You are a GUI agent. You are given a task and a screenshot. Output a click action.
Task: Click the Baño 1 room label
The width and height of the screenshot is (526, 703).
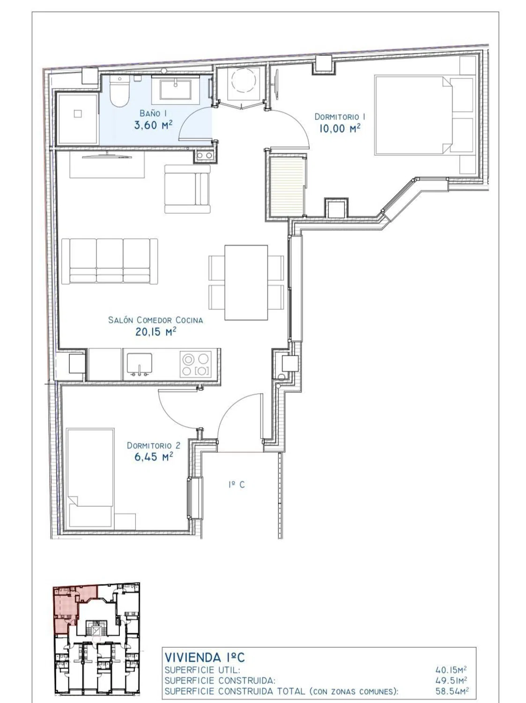[153, 113]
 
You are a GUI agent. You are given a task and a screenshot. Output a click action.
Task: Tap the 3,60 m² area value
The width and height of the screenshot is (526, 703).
[153, 125]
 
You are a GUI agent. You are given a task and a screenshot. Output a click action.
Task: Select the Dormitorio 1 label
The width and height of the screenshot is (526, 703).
[340, 117]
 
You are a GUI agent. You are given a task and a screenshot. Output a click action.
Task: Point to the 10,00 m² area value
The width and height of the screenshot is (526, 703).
[340, 128]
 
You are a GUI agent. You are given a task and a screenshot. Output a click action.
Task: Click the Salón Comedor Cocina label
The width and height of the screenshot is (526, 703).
[156, 320]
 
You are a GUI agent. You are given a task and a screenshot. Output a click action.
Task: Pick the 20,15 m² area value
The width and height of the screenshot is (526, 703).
[156, 331]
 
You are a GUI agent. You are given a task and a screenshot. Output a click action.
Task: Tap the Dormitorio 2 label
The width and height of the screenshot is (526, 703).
[154, 446]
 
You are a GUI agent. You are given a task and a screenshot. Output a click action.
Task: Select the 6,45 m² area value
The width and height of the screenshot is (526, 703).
[154, 456]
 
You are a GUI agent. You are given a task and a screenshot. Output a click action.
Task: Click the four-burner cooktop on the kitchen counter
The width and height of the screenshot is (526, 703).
[196, 365]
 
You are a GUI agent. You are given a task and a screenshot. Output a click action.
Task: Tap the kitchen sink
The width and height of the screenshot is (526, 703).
[140, 364]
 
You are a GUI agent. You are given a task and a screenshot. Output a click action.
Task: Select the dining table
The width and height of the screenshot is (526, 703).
[246, 283]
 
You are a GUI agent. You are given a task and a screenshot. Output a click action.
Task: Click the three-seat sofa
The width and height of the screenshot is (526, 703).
[110, 261]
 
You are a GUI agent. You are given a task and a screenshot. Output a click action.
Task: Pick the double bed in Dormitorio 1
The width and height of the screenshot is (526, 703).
[424, 115]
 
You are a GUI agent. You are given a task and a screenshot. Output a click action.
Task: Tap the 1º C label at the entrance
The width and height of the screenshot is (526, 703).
[237, 485]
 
